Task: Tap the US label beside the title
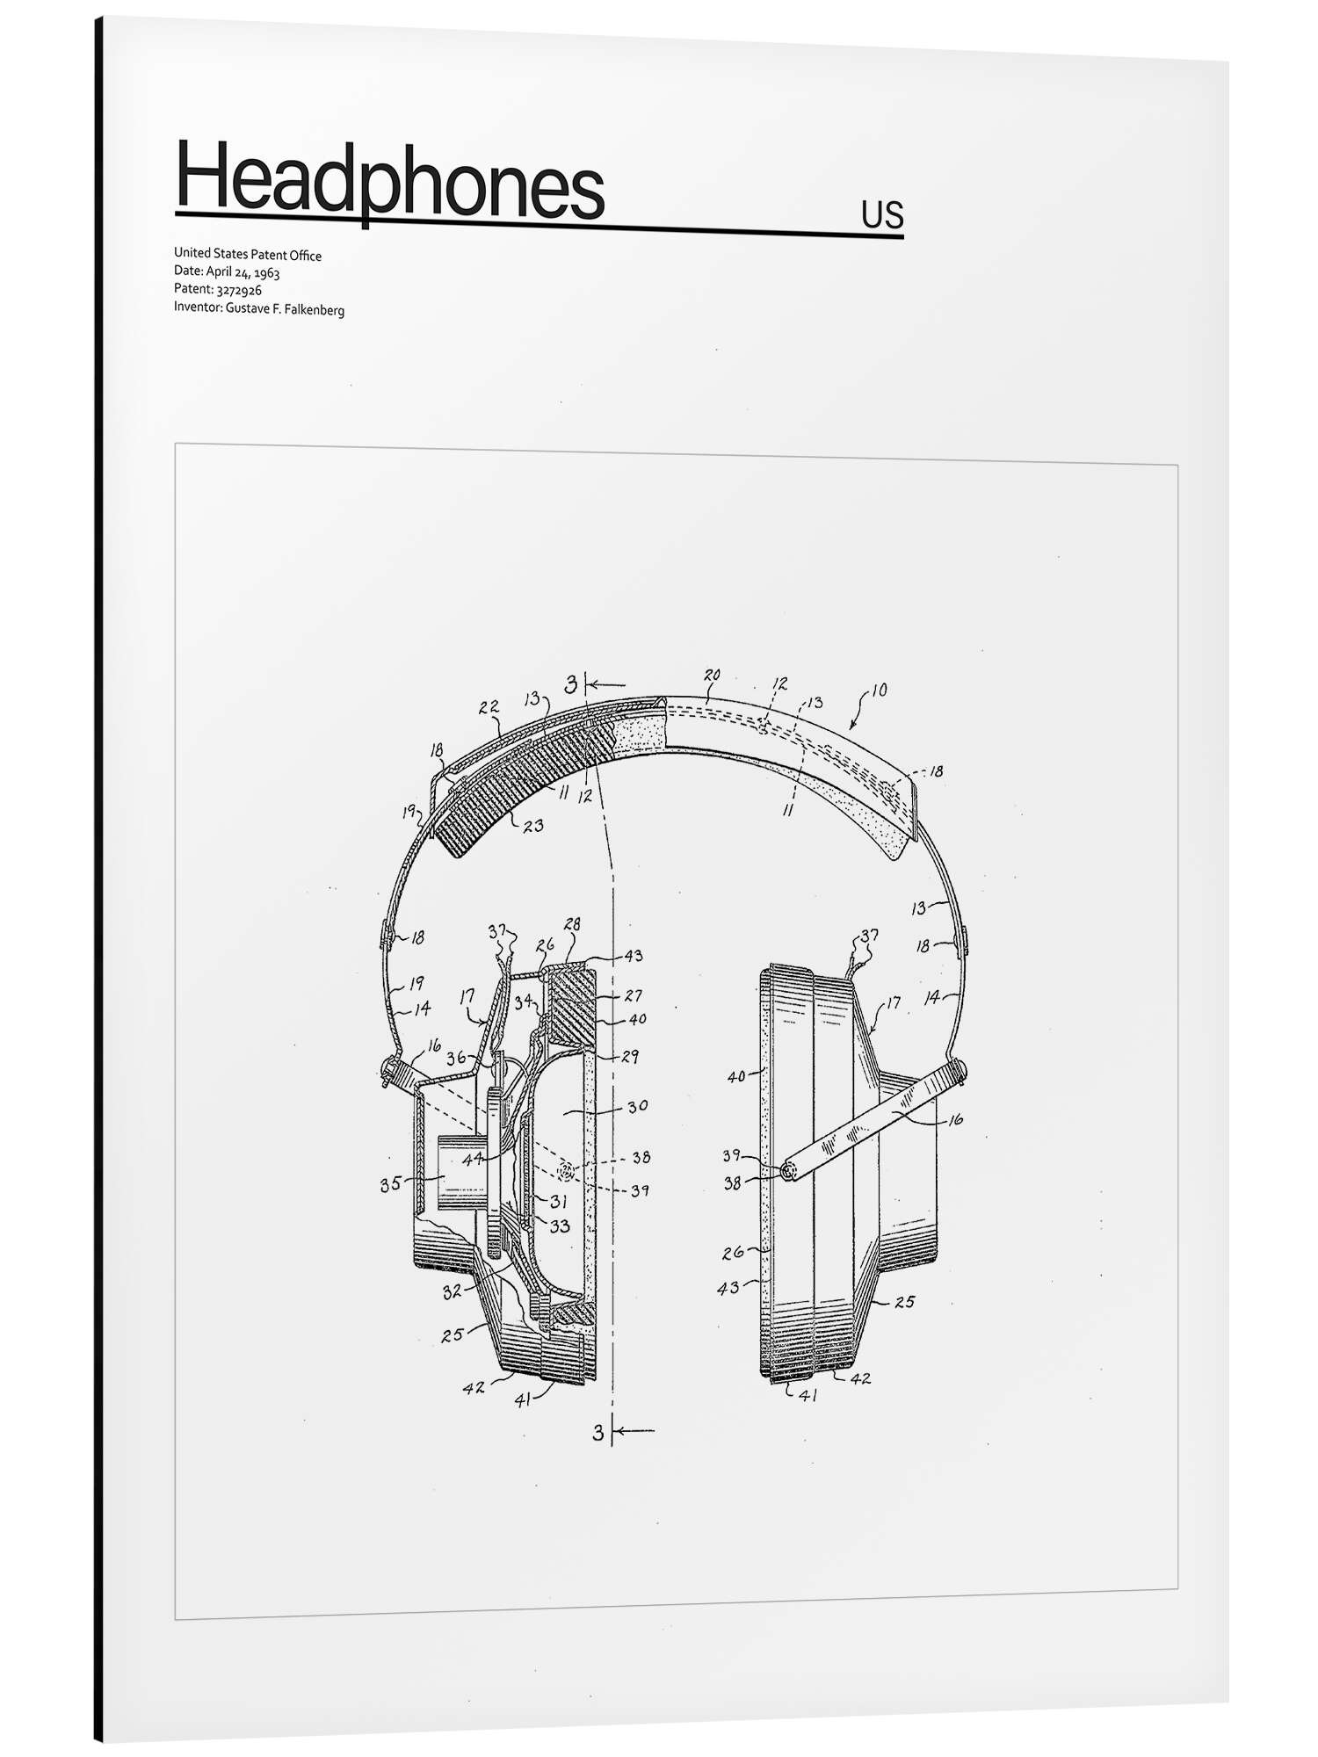click(882, 214)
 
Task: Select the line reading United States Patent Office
click(248, 255)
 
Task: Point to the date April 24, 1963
click(243, 272)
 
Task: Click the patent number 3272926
click(239, 290)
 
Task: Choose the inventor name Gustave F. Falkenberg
click(285, 309)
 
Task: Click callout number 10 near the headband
click(879, 690)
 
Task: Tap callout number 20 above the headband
click(712, 675)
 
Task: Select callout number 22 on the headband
click(489, 707)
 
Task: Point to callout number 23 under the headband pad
click(533, 825)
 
